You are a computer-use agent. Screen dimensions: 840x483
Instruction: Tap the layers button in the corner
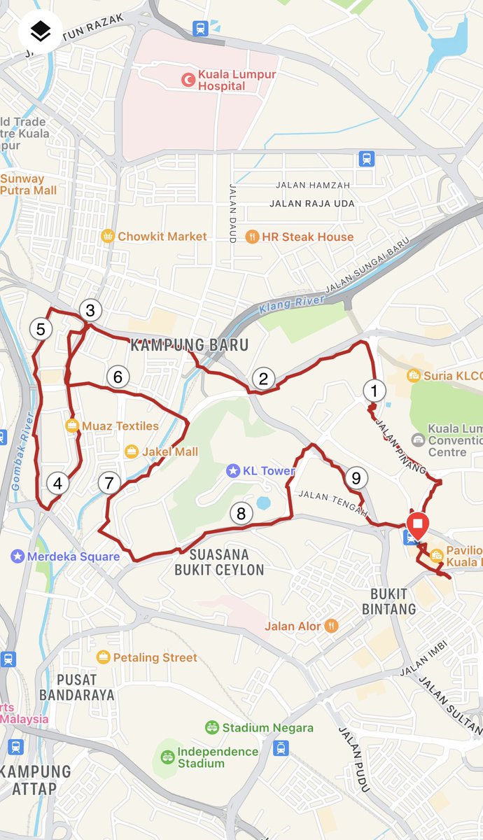[x=41, y=31]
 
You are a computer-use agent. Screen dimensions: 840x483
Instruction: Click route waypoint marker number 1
[x=374, y=391]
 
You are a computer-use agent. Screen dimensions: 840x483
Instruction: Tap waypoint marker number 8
[x=241, y=514]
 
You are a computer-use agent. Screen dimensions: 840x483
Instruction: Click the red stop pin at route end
[x=418, y=524]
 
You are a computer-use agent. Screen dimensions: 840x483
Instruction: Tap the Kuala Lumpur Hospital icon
[x=188, y=80]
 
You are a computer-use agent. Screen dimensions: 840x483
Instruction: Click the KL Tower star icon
[x=232, y=470]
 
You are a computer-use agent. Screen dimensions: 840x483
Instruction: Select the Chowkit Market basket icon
[x=108, y=236]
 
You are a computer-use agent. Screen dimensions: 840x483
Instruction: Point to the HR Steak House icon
[x=252, y=237]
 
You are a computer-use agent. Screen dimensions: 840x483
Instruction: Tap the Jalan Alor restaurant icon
[x=331, y=626]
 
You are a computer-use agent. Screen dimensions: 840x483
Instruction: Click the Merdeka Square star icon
[x=17, y=556]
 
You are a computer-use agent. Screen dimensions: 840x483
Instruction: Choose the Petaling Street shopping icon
[x=104, y=657]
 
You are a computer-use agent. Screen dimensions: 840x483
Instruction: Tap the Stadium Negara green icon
[x=212, y=728]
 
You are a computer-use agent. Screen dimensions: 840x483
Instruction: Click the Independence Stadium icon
[x=167, y=757]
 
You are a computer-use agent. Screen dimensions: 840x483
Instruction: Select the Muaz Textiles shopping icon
[x=72, y=425]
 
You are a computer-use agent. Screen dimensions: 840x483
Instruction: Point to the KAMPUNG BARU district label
[x=189, y=345]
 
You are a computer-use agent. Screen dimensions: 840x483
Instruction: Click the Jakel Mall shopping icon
[x=132, y=451]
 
